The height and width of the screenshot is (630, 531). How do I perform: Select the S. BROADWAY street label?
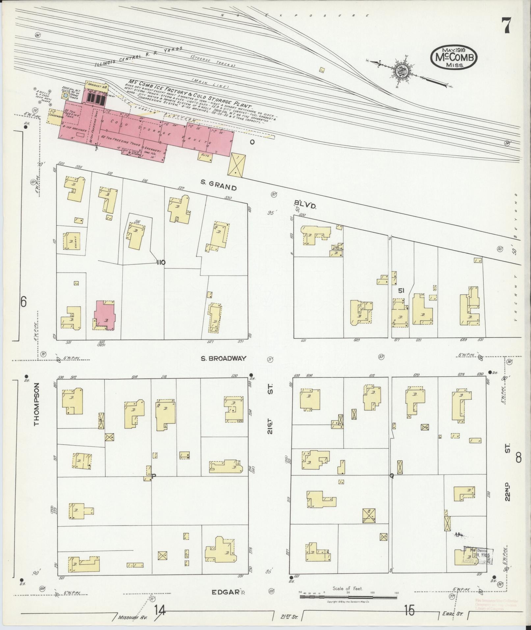click(224, 358)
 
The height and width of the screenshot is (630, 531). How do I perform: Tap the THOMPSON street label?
click(36, 404)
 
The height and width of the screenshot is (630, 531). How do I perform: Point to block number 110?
click(161, 262)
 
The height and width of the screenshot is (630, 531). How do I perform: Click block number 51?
click(401, 290)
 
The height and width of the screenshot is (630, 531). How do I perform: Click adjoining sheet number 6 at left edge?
click(23, 302)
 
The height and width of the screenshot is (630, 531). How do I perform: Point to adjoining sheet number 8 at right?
click(518, 458)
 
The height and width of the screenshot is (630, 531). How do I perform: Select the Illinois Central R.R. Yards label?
click(138, 57)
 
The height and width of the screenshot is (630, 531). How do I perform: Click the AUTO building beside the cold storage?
click(205, 155)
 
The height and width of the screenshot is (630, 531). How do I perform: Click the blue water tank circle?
click(66, 96)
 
